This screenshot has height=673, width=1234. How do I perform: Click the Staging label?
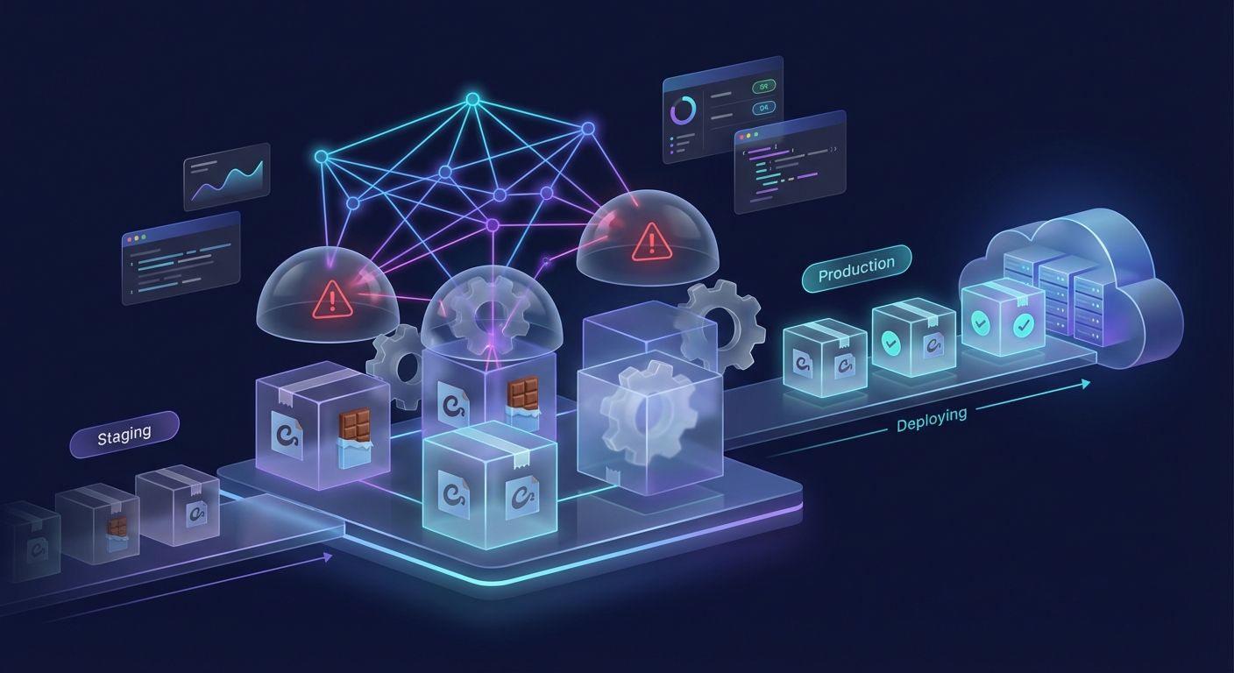coord(124,434)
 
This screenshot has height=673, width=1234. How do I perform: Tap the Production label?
coord(856,268)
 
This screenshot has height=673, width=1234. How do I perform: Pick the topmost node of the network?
coord(472,100)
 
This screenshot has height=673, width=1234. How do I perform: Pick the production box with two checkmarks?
coord(1003,321)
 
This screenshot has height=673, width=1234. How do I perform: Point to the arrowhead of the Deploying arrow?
coord(1087,384)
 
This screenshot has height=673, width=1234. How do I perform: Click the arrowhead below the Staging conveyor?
coord(328,556)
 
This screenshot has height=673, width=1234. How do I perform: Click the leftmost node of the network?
coord(321,157)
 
